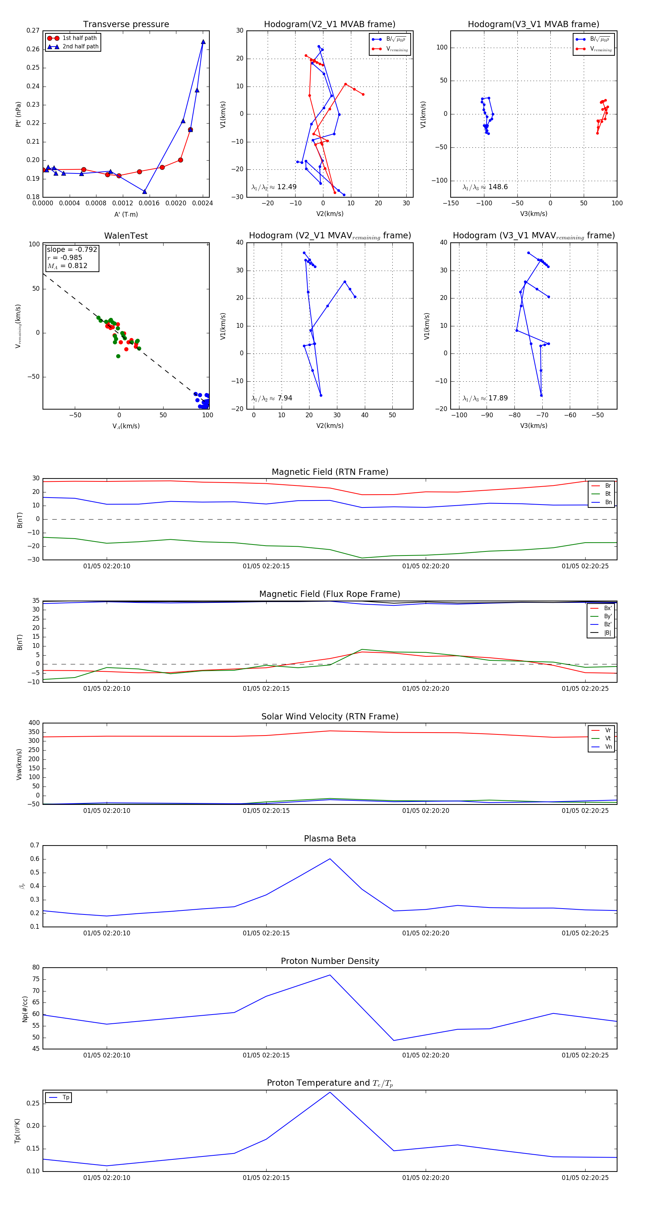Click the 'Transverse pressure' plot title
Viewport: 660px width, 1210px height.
tap(126, 25)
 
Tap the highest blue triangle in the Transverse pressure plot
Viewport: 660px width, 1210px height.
tap(203, 42)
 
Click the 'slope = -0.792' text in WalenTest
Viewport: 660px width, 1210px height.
tap(72, 249)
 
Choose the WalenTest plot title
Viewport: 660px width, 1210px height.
tap(126, 236)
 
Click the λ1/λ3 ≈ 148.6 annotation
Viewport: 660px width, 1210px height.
tap(485, 187)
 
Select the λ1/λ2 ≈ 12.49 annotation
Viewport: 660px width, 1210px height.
tap(274, 187)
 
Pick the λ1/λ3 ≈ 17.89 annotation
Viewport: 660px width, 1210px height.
tap(485, 398)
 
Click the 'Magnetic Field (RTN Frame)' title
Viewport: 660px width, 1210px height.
tap(330, 472)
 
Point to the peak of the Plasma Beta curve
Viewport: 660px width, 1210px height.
tap(330, 859)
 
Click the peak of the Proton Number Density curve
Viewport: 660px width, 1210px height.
tap(330, 975)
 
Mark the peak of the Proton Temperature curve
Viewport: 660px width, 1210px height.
tap(330, 1092)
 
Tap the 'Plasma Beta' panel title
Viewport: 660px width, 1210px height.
tap(330, 839)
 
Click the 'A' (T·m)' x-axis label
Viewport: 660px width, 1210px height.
tap(126, 214)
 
